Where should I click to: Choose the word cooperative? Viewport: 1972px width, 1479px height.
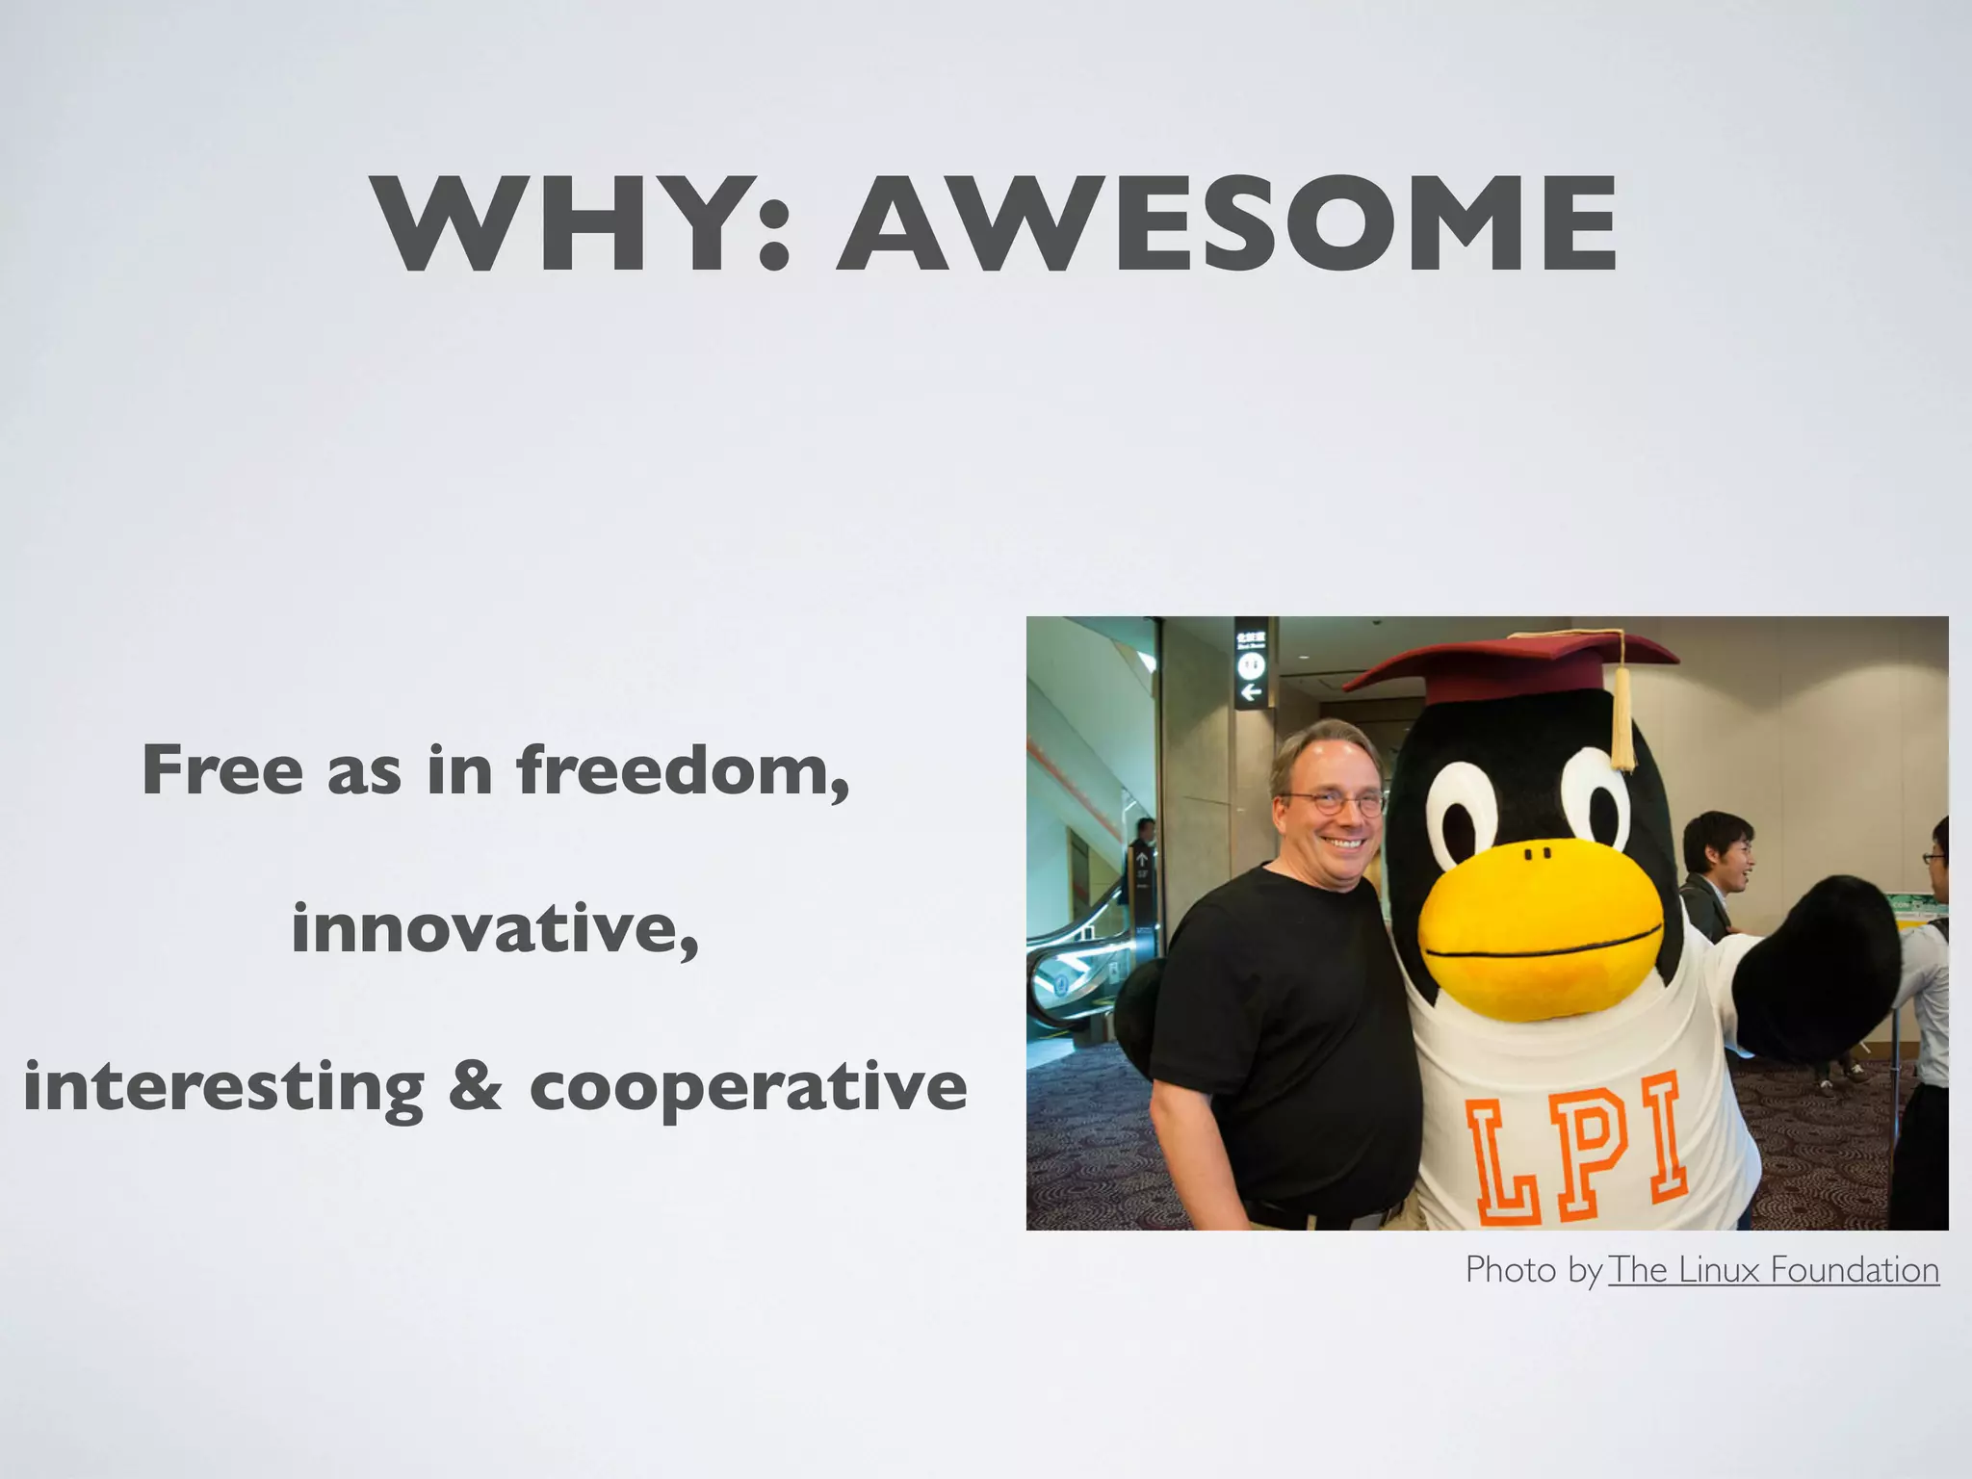coord(747,1088)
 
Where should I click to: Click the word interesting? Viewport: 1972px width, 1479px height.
coord(223,1088)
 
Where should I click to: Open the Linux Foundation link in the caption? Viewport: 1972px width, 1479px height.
coord(1773,1270)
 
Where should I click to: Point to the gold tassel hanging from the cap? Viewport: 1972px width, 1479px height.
coord(1623,717)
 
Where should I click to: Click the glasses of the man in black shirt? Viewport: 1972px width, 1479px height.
coord(1334,801)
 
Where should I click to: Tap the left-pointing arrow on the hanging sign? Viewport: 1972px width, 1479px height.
coord(1251,692)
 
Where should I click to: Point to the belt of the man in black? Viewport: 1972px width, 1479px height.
coord(1319,1215)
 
